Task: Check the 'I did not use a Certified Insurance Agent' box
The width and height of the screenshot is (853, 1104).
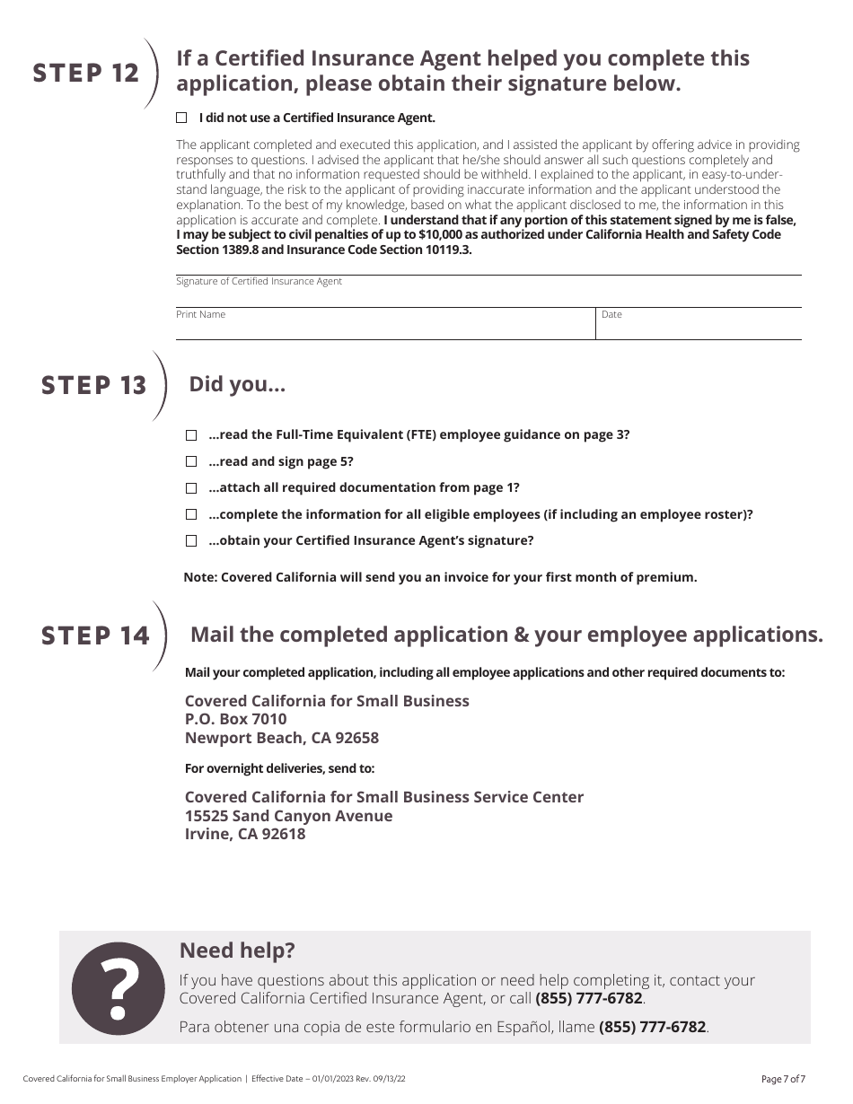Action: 181,118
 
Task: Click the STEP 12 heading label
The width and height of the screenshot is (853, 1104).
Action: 86,74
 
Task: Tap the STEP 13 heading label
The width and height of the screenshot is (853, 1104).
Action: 93,385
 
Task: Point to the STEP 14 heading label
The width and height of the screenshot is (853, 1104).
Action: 95,635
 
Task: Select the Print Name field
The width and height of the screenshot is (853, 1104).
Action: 384,327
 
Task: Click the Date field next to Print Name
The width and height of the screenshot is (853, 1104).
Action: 699,327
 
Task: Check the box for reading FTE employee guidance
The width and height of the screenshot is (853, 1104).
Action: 191,435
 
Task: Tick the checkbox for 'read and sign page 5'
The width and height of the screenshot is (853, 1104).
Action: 191,461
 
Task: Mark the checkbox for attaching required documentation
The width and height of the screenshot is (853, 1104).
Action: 191,488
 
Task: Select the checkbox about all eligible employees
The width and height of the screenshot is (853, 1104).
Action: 191,514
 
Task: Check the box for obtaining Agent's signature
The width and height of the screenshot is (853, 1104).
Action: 191,541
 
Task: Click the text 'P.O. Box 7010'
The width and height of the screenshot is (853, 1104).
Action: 235,719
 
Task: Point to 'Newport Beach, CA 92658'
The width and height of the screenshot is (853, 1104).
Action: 281,738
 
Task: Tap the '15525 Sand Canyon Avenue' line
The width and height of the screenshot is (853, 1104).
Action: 288,816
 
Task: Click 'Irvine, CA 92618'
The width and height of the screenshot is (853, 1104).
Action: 244,834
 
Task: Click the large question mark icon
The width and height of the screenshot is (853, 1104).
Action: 118,987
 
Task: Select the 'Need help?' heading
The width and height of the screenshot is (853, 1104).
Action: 237,951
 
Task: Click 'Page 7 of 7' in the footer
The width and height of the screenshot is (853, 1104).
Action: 783,1079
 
